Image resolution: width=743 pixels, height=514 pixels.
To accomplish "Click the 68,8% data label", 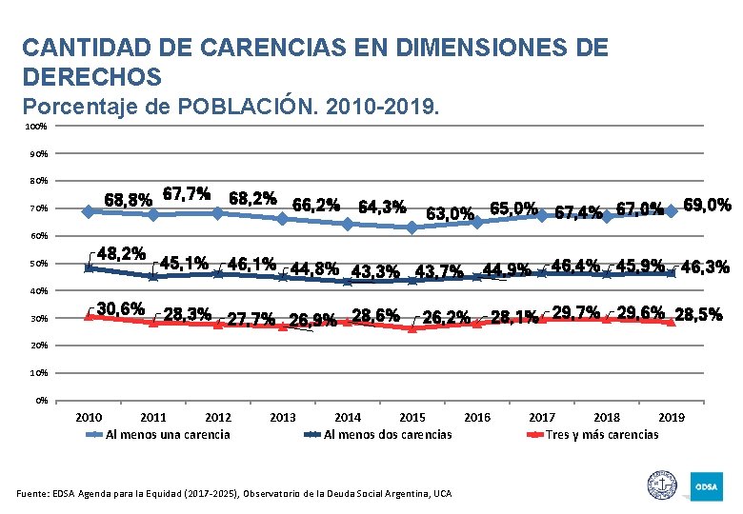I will [127, 201].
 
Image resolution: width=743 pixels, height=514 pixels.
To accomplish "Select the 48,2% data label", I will [121, 254].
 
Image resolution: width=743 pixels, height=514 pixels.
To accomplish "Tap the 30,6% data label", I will [121, 308].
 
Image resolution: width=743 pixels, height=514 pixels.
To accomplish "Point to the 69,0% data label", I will [707, 205].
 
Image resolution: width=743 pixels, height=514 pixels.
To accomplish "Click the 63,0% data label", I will [450, 213].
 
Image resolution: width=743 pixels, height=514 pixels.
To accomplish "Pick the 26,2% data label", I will [447, 316].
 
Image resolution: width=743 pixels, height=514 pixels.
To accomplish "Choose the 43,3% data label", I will [375, 271].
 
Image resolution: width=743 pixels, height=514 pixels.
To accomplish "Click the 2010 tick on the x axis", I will [89, 417].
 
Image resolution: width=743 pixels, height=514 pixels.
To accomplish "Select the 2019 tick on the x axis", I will [672, 417].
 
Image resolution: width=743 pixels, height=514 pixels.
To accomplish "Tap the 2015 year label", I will [412, 417].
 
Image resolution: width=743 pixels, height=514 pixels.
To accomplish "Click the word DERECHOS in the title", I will [91, 75].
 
